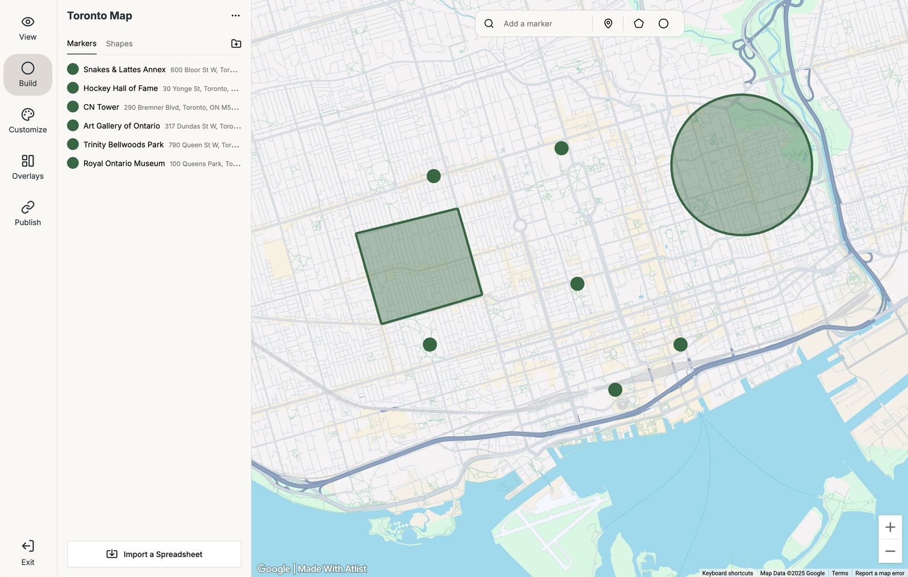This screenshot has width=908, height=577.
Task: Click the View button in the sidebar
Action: [28, 28]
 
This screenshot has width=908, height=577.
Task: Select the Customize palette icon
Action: [28, 121]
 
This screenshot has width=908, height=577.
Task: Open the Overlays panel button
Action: [28, 167]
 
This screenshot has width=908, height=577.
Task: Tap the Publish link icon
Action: [28, 214]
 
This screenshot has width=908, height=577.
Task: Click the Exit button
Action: [28, 553]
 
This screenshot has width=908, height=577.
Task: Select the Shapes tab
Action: [119, 44]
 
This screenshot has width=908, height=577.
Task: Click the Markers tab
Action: [82, 44]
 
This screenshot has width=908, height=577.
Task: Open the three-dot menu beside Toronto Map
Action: [236, 16]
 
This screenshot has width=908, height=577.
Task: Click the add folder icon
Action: [236, 44]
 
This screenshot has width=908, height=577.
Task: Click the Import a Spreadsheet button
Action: [154, 554]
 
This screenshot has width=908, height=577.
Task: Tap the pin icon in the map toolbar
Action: [608, 24]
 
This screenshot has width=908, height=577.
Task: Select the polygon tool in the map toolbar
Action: [638, 24]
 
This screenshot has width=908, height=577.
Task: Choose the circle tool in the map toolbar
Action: [663, 24]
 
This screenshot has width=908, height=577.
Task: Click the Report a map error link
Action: [879, 573]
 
